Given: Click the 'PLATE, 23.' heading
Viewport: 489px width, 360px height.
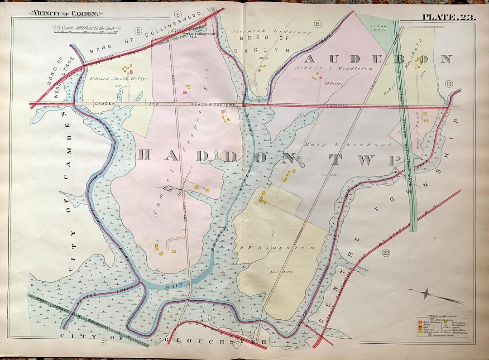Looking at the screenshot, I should tap(448, 18).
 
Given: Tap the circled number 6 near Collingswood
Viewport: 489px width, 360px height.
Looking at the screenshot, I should tap(139, 31).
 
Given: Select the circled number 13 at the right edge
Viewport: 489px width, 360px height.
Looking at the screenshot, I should tap(449, 83).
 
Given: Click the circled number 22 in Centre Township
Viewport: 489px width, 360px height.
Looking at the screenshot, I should tap(386, 254).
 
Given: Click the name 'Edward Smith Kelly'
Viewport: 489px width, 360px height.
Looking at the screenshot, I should tap(117, 78).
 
